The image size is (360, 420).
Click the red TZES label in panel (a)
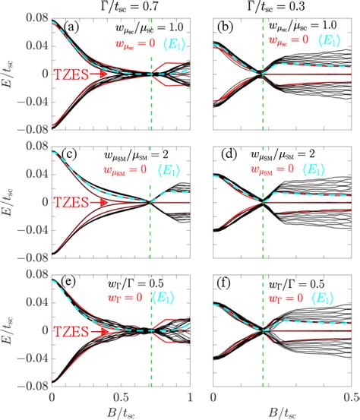73,74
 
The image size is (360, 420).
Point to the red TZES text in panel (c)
73,203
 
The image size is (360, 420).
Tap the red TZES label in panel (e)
73,332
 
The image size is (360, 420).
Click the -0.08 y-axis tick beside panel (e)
33,384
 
